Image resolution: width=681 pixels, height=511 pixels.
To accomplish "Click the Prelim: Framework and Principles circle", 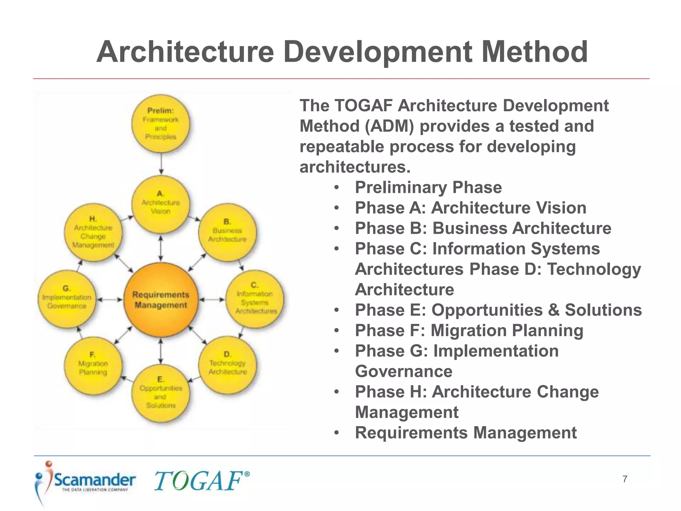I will (161, 124).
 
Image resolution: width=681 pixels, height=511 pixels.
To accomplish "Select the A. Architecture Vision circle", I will (161, 204).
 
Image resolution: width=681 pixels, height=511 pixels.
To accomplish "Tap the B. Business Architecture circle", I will (227, 232).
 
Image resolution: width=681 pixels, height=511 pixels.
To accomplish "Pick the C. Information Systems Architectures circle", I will (255, 299).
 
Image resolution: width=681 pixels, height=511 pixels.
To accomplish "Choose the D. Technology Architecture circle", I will (227, 365).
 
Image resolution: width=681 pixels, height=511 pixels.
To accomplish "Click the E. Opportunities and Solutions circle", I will (161, 393).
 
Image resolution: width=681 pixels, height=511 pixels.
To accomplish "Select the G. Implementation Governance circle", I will (67, 299).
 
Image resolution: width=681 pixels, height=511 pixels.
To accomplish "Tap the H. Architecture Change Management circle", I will (93, 232).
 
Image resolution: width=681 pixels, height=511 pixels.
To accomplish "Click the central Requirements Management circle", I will (161, 299).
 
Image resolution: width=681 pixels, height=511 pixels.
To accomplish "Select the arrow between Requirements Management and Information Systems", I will (212, 299).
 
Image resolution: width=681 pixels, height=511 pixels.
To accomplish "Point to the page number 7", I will (625, 479).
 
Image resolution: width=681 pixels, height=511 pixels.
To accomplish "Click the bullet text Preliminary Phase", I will (428, 187).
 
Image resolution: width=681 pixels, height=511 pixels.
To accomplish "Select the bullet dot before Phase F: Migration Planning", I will (337, 331).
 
